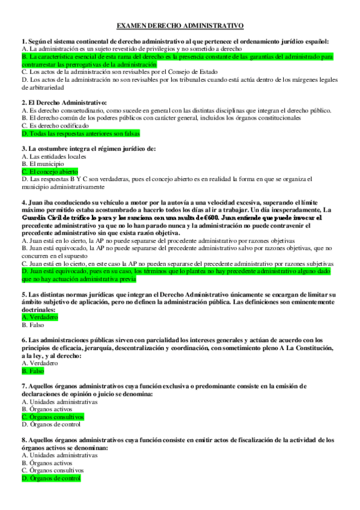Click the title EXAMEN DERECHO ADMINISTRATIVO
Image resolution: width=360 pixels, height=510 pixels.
click(x=180, y=26)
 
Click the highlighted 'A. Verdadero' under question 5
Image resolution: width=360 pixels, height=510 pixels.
click(x=40, y=317)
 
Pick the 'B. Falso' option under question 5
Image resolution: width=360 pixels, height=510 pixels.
click(x=34, y=325)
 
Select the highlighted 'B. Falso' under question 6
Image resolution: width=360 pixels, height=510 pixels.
click(x=34, y=372)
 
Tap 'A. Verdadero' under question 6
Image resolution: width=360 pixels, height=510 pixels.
click(x=40, y=364)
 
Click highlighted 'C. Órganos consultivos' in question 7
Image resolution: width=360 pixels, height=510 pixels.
click(x=53, y=416)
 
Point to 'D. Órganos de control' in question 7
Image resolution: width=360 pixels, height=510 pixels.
click(x=51, y=424)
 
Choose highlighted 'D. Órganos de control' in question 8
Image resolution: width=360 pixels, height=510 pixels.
click(x=51, y=478)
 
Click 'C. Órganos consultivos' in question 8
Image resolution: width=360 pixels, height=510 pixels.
click(x=53, y=470)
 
